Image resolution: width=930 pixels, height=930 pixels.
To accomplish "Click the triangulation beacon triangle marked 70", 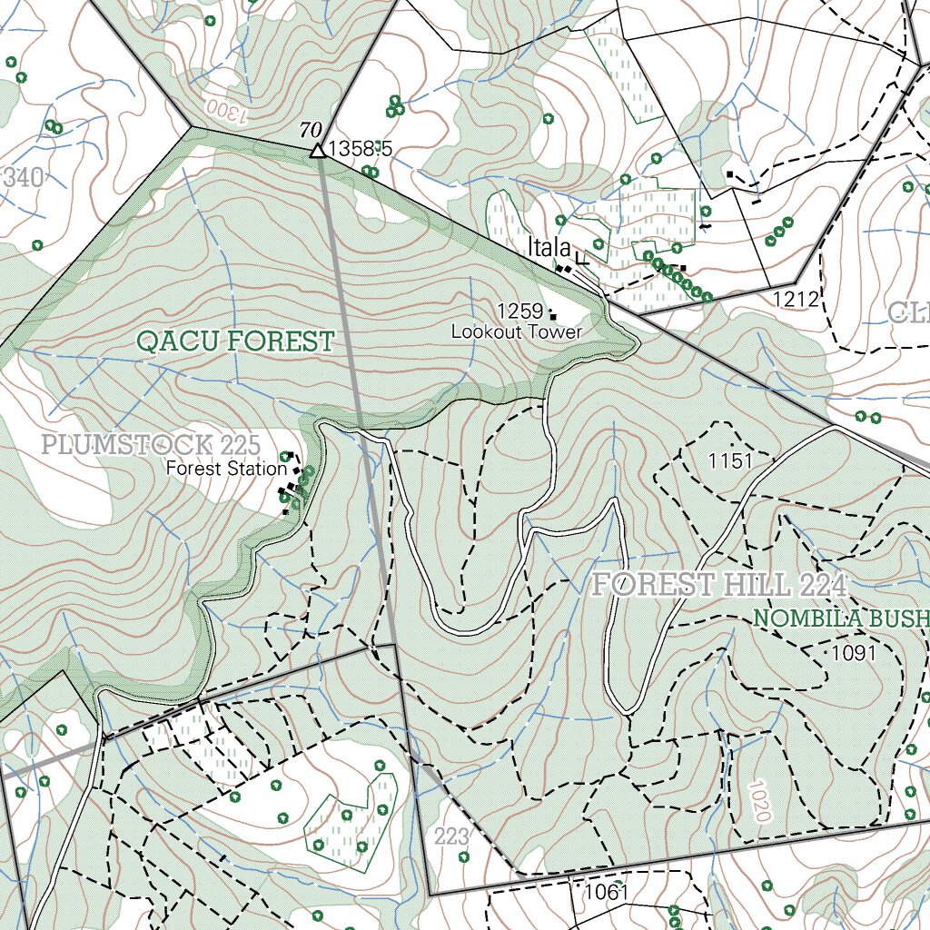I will [317, 150].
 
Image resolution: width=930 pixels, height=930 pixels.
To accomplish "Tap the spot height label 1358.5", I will [360, 149].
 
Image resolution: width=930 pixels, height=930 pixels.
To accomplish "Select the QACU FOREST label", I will [235, 342].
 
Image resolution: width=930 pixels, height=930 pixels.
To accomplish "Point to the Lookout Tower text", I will [517, 332].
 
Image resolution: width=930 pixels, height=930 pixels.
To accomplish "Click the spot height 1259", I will [519, 311].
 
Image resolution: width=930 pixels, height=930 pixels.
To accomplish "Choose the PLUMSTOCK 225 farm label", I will [152, 446].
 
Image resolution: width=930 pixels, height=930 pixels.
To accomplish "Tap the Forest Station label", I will [225, 470].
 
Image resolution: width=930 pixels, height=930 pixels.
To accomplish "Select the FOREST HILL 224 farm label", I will [719, 586].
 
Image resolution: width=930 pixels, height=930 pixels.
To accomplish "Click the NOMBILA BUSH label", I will [841, 619].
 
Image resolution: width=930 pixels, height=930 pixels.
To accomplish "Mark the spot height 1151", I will [731, 461].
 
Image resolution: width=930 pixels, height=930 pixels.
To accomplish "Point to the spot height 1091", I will [854, 653].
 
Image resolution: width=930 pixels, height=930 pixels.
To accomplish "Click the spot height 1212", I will [796, 300].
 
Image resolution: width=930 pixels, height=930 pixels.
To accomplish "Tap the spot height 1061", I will [606, 892].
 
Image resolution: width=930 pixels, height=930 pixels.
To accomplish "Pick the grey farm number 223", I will [451, 836].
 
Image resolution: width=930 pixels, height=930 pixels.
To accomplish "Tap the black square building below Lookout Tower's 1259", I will [553, 317].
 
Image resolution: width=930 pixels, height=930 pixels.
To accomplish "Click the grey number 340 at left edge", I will [22, 178].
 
